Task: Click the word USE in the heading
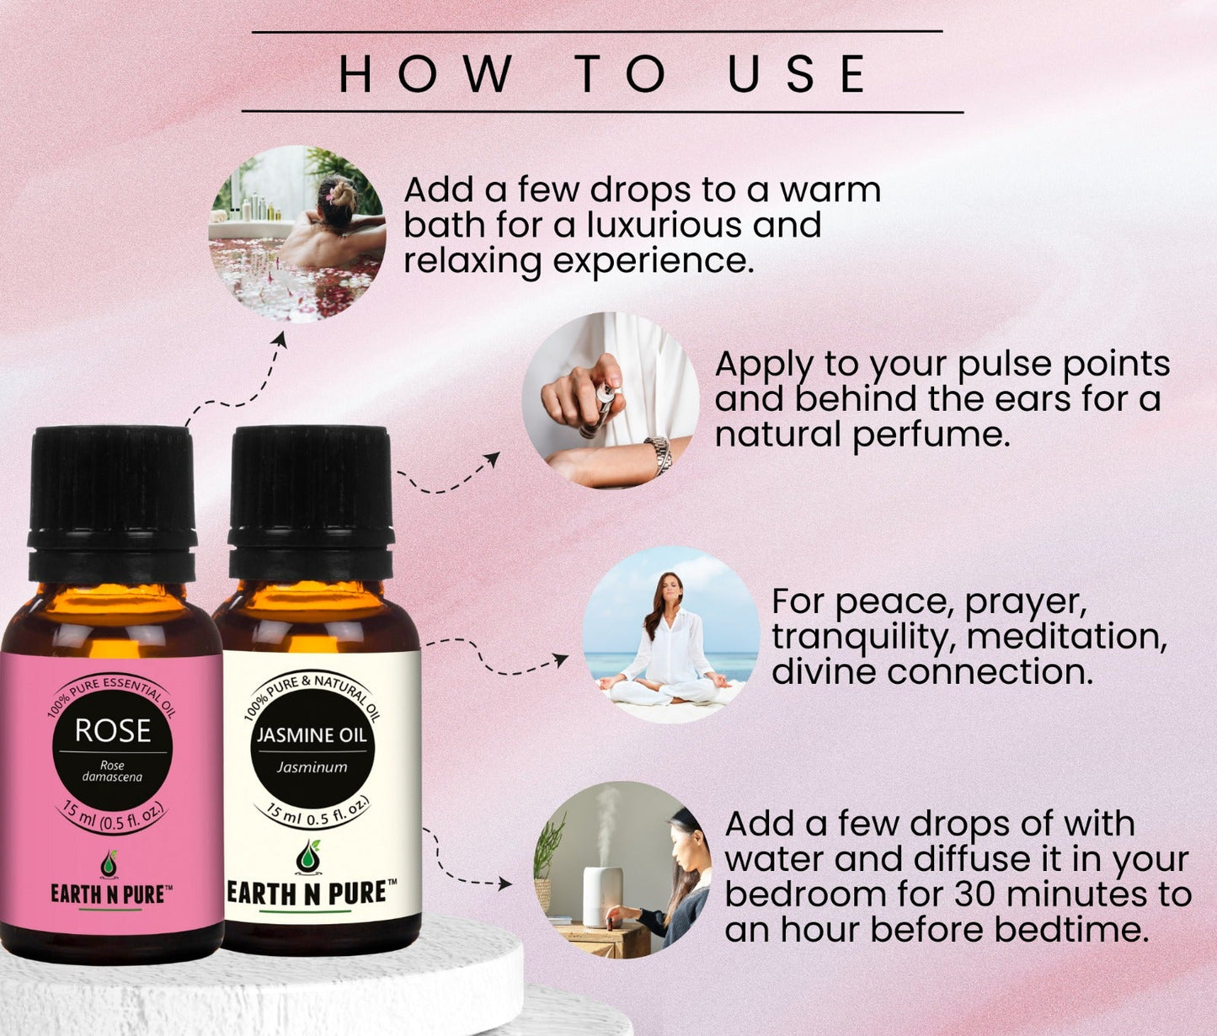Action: click(797, 73)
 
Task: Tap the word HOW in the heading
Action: click(425, 73)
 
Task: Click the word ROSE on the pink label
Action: click(113, 731)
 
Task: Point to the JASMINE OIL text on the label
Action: click(312, 735)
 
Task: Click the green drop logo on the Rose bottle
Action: click(109, 862)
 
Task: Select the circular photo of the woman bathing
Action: click(297, 234)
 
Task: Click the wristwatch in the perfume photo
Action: click(659, 455)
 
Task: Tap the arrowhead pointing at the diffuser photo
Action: click(504, 884)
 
